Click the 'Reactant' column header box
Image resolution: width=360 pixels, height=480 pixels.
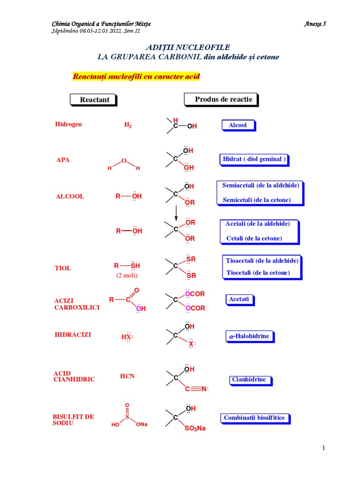(x=94, y=100)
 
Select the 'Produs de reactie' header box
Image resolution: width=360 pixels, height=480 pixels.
(x=221, y=99)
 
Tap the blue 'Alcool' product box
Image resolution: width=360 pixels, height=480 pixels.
(x=237, y=125)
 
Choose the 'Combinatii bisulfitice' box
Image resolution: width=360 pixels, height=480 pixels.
(x=255, y=418)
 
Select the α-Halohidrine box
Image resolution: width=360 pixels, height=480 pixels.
(x=248, y=336)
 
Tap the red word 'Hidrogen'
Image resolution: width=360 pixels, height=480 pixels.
(x=68, y=124)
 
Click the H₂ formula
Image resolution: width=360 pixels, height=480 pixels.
(x=127, y=125)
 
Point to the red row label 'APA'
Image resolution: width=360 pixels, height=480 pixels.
(x=63, y=160)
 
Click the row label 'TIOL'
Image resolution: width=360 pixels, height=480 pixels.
(x=63, y=268)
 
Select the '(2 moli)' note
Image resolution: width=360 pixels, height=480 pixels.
(x=127, y=276)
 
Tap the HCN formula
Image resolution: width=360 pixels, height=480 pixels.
(x=127, y=376)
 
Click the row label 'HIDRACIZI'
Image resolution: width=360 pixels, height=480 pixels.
(x=73, y=335)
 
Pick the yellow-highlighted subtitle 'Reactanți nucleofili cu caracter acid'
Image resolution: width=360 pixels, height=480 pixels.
(x=136, y=76)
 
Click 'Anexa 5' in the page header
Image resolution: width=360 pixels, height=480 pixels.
(x=315, y=24)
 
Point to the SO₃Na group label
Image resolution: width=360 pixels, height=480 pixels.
(x=195, y=428)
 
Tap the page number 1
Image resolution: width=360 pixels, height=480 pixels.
(x=323, y=448)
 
